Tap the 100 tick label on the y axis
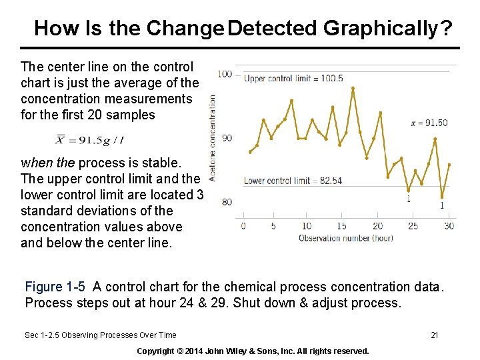coord(225,74)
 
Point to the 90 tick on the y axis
coord(227,138)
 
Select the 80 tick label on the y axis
coord(227,202)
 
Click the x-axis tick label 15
coord(342,226)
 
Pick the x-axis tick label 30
coord(449,226)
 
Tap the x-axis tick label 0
coord(243,226)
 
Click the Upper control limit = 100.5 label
coord(293,79)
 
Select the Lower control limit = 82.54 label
coord(293,181)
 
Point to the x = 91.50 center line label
coord(429,123)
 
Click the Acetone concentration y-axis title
coord(213,137)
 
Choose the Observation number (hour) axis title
coord(345,238)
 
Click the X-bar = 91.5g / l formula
coord(91,140)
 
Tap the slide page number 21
coord(434,335)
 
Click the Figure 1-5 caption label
coord(55,287)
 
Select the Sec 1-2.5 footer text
coord(100,335)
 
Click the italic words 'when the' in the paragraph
coord(48,163)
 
